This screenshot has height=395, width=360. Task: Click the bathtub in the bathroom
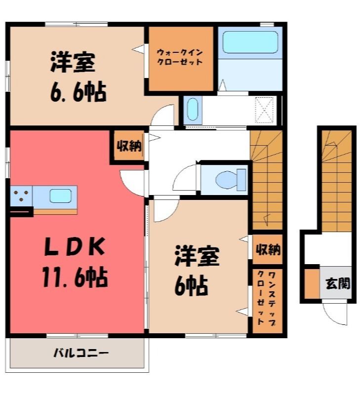(250, 42)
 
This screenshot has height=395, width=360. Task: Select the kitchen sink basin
(60, 196)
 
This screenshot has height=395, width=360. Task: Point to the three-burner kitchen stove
(21, 196)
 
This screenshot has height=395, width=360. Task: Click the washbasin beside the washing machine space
(193, 110)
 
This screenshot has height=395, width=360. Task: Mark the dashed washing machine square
(264, 110)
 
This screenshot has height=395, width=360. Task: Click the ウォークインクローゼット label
(180, 57)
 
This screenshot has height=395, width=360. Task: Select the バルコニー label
(81, 353)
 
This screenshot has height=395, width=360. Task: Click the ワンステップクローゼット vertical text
(267, 298)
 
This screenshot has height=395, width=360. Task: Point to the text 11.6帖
(75, 277)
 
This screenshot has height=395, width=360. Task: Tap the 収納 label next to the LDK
(129, 145)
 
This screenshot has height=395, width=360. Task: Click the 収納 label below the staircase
(268, 249)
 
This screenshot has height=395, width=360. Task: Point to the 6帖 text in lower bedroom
(191, 286)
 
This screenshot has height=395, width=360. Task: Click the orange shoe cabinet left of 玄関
(312, 284)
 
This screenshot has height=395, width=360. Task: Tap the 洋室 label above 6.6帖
(73, 62)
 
